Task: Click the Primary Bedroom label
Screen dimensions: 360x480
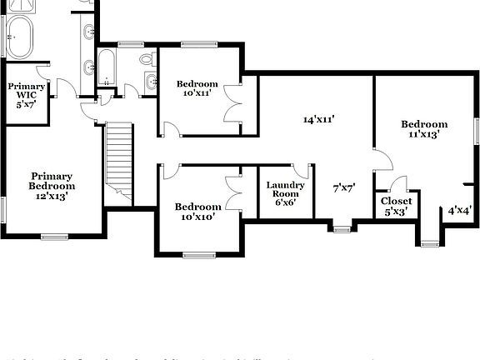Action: click(52, 181)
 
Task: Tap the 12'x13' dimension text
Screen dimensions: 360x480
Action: click(52, 197)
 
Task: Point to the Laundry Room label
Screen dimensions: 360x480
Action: click(286, 190)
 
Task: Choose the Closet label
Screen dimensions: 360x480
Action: click(396, 201)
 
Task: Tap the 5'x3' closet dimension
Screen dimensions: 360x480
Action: click(396, 212)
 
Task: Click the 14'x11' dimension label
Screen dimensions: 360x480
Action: click(320, 119)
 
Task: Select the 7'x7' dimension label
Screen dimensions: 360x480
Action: click(344, 188)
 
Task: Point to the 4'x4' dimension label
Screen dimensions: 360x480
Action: click(460, 211)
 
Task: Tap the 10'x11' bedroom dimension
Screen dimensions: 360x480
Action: click(197, 93)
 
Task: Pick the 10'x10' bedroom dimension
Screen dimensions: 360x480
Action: click(197, 216)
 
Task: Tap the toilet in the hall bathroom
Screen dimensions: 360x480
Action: click(147, 59)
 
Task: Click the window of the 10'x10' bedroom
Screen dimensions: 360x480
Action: click(197, 254)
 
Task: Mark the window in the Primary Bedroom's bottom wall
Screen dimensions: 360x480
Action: click(55, 237)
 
